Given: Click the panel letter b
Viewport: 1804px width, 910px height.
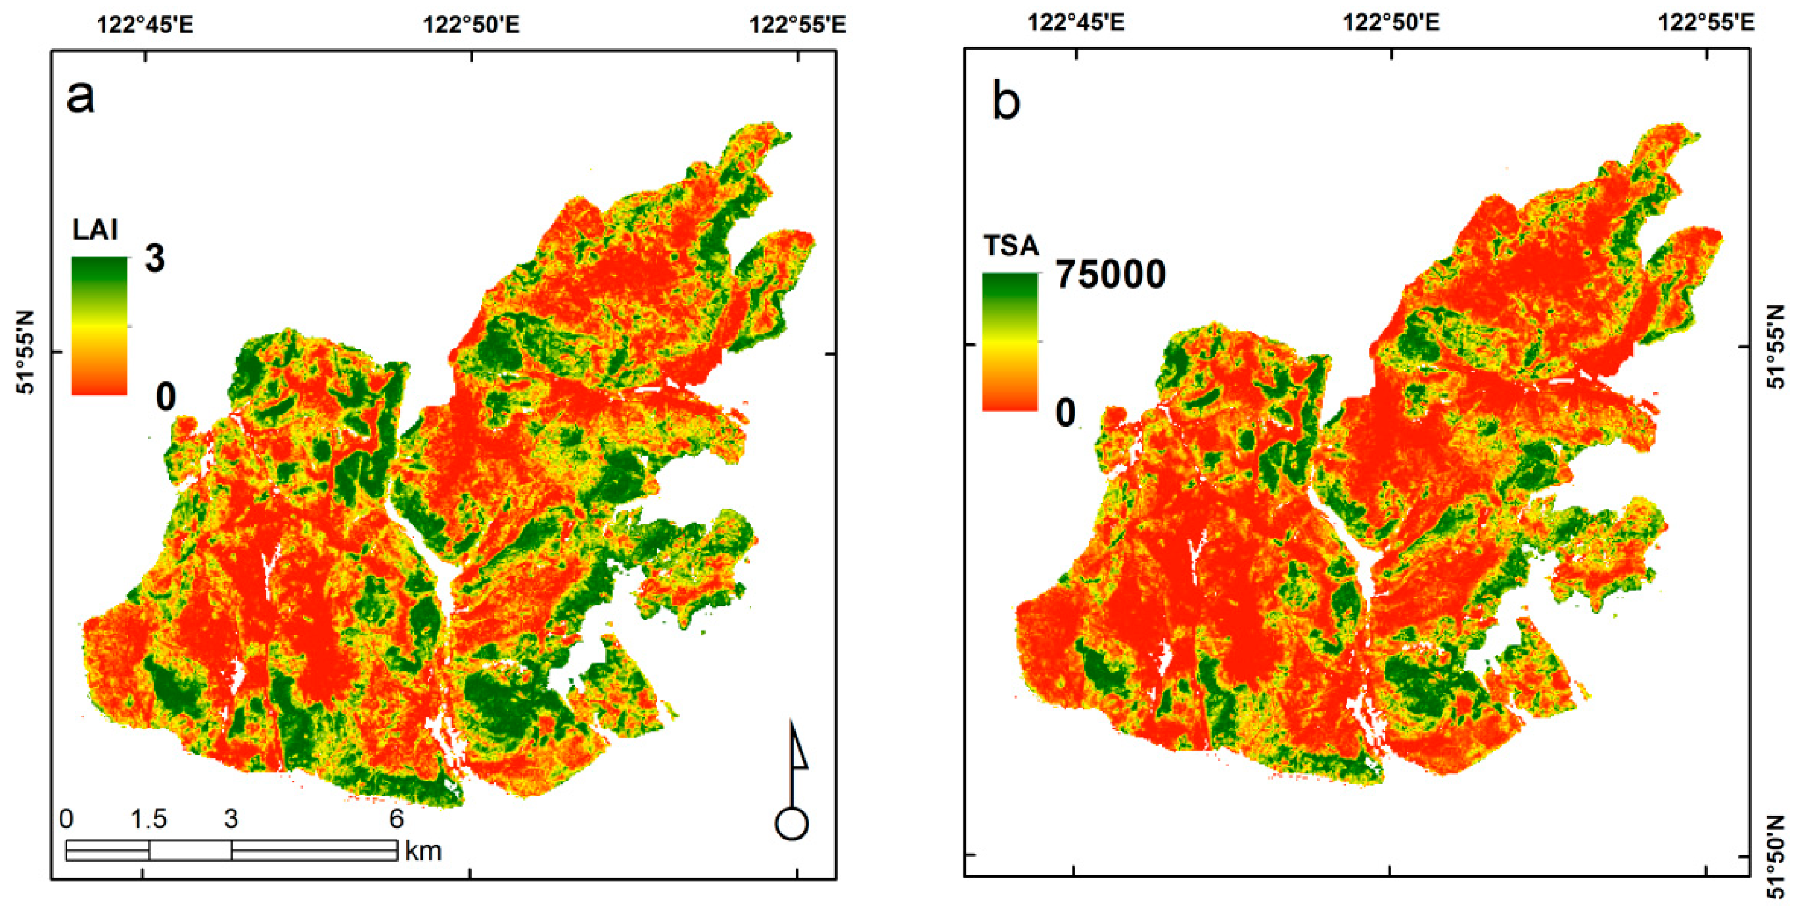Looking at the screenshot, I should pos(1006,102).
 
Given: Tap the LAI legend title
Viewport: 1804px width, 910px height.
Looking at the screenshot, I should pos(95,230).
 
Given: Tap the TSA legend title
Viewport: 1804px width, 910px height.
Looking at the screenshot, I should pos(1011,246).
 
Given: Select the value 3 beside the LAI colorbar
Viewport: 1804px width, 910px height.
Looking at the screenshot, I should pos(155,259).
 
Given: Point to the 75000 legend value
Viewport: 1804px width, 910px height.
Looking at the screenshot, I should pos(1110,274).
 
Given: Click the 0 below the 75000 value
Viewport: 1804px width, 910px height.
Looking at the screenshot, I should pos(1065,412).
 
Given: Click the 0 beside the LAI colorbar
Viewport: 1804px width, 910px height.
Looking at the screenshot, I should pos(165,397).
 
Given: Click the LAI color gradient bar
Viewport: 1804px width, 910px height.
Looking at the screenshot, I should pos(99,325).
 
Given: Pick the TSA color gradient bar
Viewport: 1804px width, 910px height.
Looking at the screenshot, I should pos(1010,341).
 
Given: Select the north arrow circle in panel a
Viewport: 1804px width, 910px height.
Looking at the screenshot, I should pos(792,824).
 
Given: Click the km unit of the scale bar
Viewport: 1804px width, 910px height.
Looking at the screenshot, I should pos(423,851).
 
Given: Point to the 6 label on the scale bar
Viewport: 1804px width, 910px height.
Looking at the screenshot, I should pos(396,819).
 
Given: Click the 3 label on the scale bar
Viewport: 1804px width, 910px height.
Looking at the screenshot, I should pos(231,819).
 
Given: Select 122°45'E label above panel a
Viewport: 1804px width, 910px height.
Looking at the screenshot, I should pos(144,25).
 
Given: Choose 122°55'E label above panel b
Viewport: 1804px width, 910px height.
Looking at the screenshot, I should pos(1706,23).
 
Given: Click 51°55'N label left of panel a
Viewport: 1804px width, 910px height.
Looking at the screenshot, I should pos(26,353).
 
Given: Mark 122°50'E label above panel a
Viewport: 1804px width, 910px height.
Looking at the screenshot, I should pos(471,25).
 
